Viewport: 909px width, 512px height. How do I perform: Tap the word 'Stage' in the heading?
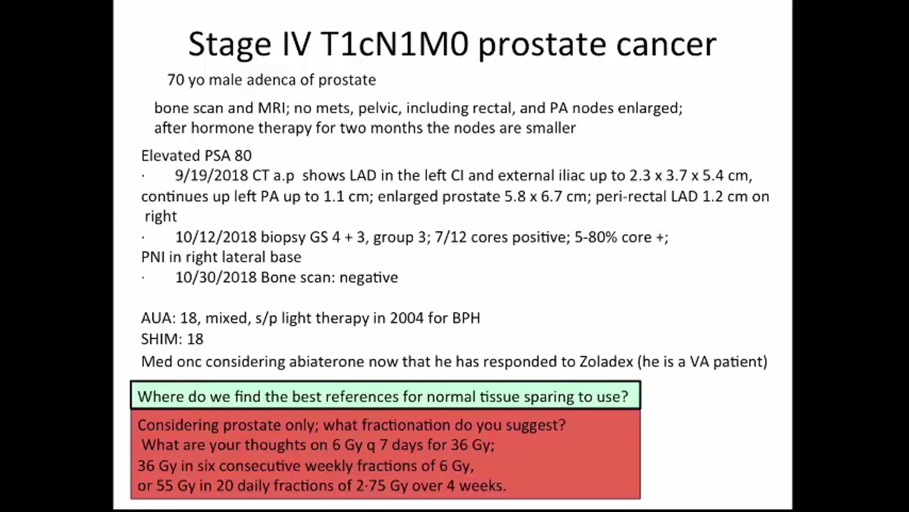point(230,44)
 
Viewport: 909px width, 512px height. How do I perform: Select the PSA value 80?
point(243,155)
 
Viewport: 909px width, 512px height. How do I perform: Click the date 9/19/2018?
point(211,176)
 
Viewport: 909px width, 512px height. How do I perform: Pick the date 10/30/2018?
point(216,277)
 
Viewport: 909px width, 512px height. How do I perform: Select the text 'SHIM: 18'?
point(172,339)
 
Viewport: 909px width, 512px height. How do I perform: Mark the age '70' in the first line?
point(175,80)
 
